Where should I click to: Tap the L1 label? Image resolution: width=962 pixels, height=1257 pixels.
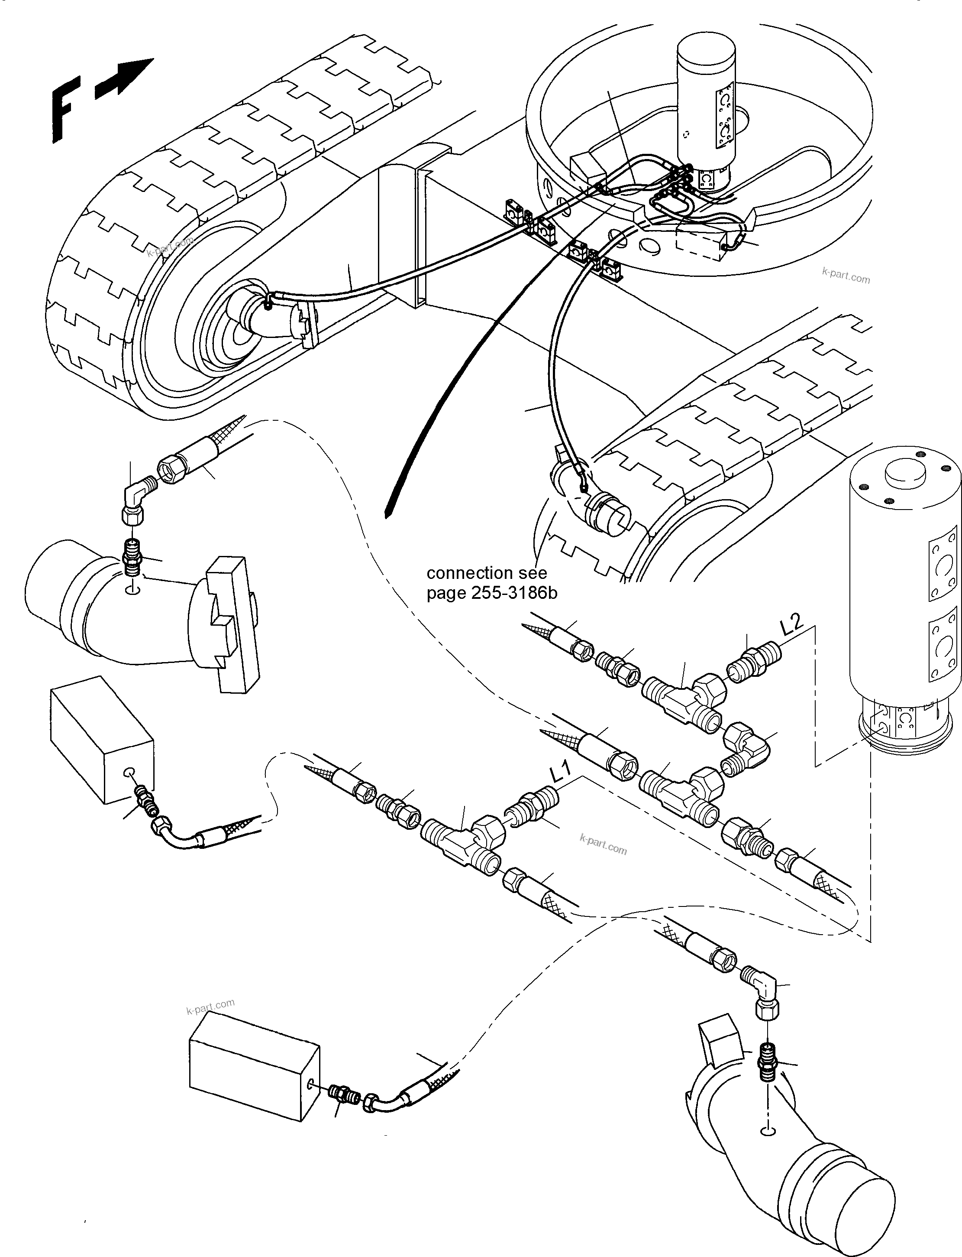[x=561, y=773]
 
